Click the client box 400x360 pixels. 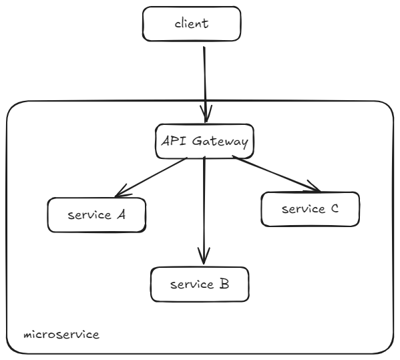[x=190, y=25]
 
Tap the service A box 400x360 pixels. [x=97, y=215]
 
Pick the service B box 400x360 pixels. [x=200, y=285]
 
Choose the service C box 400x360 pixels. [x=310, y=208]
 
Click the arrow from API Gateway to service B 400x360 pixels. [x=204, y=207]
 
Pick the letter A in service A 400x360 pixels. [x=122, y=215]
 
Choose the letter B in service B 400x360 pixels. [x=224, y=285]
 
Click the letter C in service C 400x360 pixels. [x=335, y=208]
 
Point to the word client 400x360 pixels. [x=191, y=25]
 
